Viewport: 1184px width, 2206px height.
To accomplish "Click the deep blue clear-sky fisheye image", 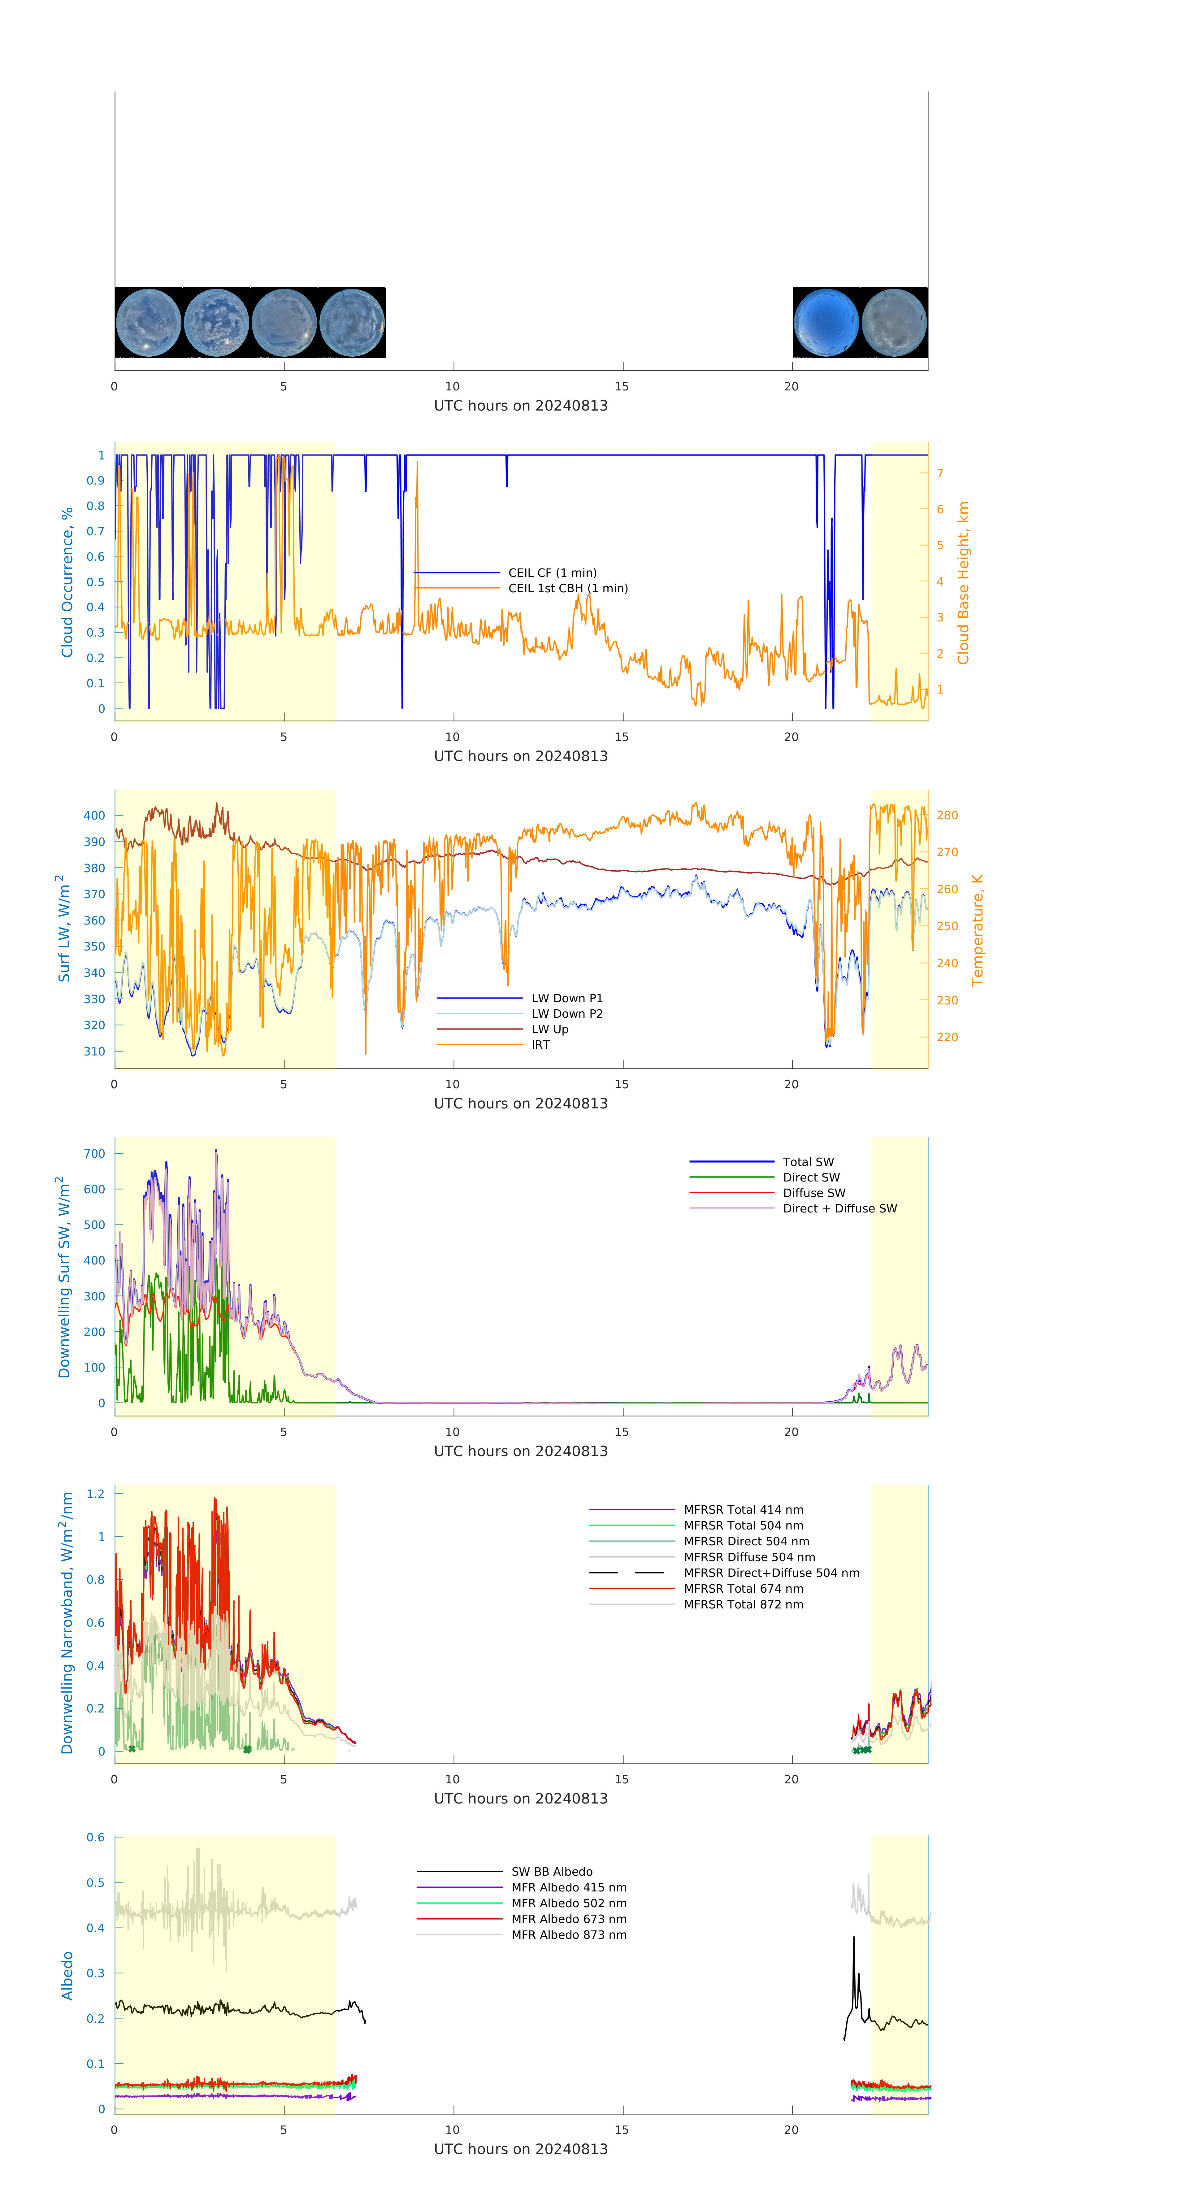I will click(825, 323).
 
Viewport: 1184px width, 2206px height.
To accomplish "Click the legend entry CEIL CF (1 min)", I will click(552, 573).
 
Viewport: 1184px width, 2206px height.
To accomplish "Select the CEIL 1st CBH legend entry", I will click(568, 588).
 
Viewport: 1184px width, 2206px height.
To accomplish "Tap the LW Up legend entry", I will click(550, 1029).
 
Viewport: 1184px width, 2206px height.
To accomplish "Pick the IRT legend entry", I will click(540, 1045).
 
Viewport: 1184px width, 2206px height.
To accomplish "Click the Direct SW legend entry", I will click(811, 1177).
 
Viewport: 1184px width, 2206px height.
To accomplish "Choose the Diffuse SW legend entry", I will click(813, 1193).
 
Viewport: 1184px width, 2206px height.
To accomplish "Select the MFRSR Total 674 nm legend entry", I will click(743, 1589).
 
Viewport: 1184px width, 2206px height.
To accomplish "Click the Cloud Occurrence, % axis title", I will click(67, 582).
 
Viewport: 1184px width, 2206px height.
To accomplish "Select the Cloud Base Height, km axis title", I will click(963, 582).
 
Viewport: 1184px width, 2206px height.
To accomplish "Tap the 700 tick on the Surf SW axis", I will click(94, 1154).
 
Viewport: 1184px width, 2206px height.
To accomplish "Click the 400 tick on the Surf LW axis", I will click(94, 815).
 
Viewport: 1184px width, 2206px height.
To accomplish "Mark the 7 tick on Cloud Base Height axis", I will click(940, 473).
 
